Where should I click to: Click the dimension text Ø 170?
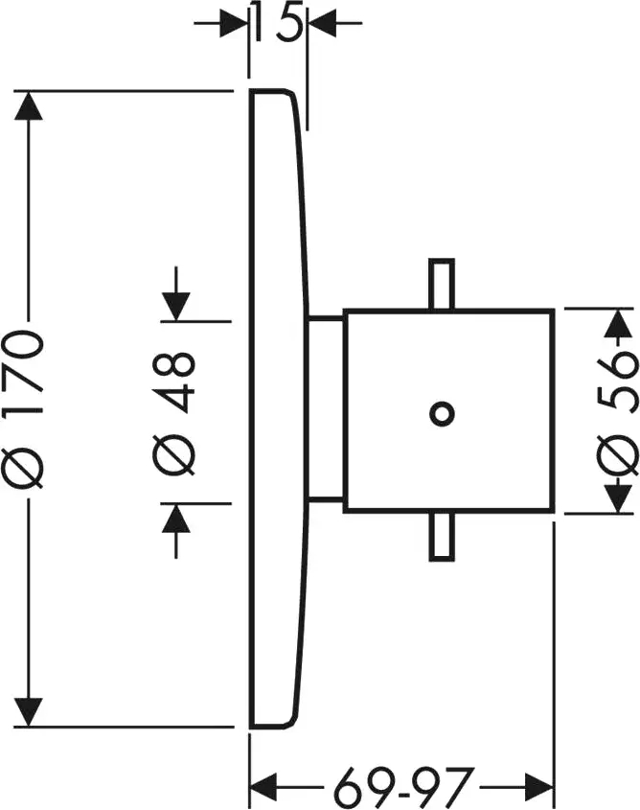click(30, 407)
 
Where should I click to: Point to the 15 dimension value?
click(278, 21)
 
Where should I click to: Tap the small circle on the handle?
click(441, 413)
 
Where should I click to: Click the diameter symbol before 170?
click(30, 471)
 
